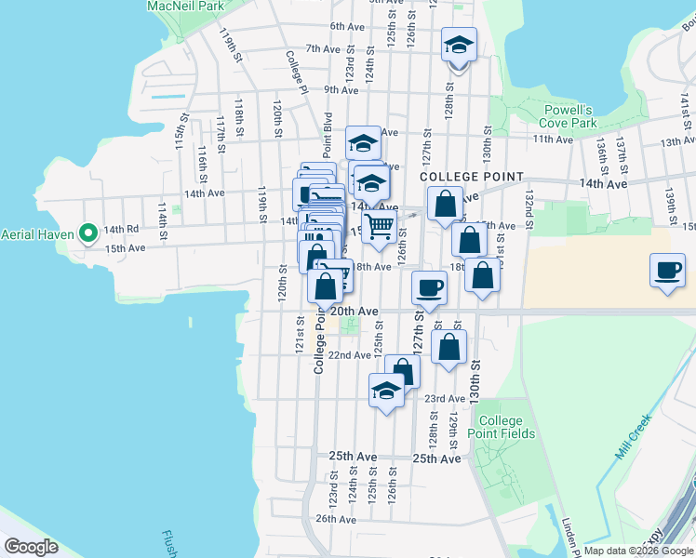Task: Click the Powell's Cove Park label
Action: click(x=569, y=116)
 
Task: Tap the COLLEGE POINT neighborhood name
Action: click(x=472, y=177)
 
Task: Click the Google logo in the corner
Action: click(x=31, y=547)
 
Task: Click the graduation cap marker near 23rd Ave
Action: click(x=386, y=391)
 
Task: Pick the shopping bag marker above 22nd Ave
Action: click(x=448, y=348)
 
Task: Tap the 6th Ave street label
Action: click(x=346, y=26)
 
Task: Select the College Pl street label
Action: click(x=297, y=65)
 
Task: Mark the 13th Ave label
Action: click(x=677, y=142)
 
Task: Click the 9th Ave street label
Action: click(x=341, y=90)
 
